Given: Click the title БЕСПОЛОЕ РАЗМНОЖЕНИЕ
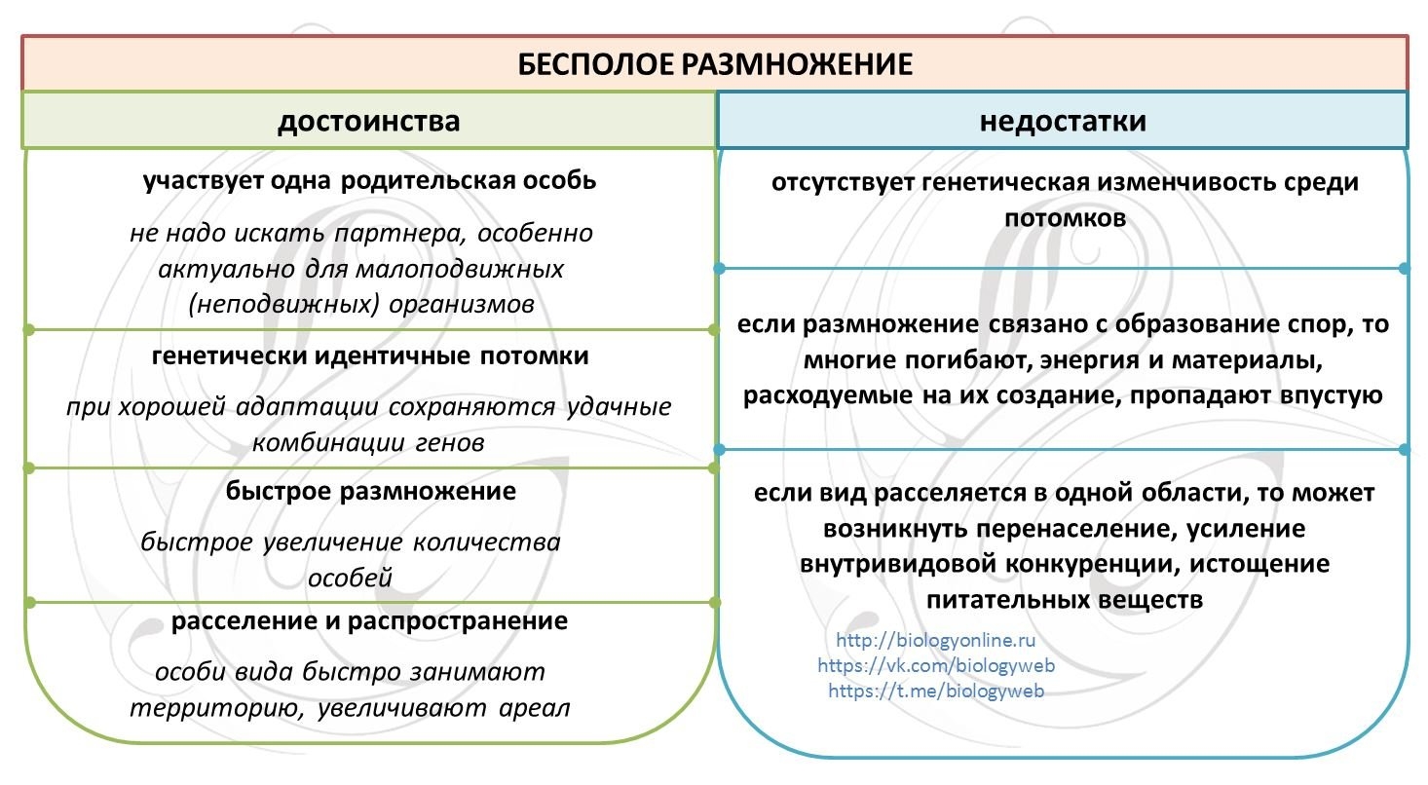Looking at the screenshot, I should click(x=714, y=64).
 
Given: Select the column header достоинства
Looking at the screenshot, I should click(x=369, y=122).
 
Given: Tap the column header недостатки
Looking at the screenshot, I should click(x=1063, y=122).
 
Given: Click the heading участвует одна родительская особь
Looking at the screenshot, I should click(x=369, y=181).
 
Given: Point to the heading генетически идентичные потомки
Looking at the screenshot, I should click(x=370, y=355).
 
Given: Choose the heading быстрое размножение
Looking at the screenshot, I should click(x=370, y=491).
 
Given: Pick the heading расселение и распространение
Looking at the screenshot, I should click(x=369, y=620).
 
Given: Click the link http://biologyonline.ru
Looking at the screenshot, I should click(x=935, y=641).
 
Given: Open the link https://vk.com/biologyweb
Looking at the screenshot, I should click(x=935, y=666).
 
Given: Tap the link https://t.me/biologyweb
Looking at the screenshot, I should click(x=935, y=691).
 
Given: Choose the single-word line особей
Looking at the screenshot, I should click(x=350, y=578).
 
